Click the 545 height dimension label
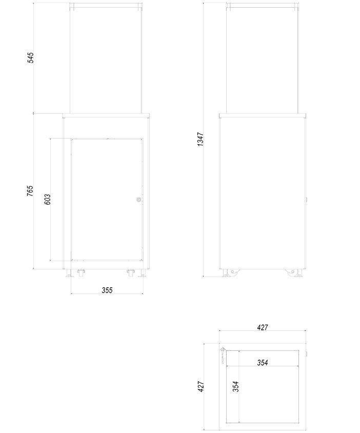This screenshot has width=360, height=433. pyautogui.click(x=31, y=57)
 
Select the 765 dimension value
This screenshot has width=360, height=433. pyautogui.click(x=31, y=191)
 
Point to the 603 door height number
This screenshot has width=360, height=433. pyautogui.click(x=48, y=199)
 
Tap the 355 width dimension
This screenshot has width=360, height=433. pyautogui.click(x=107, y=290)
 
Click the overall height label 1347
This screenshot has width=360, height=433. pyautogui.click(x=201, y=139)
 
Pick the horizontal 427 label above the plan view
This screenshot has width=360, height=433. pyautogui.click(x=262, y=327)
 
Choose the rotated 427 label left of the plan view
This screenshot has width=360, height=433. pyautogui.click(x=201, y=386)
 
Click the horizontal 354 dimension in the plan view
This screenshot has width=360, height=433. pyautogui.click(x=262, y=363)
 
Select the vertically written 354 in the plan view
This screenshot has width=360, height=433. pyautogui.click(x=236, y=386)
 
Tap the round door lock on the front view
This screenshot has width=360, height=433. pyautogui.click(x=138, y=200)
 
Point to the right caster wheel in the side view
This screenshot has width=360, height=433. pyautogui.click(x=293, y=272)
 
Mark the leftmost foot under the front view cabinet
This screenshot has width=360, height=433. pyautogui.click(x=69, y=273)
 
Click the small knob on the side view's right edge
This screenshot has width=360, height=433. pyautogui.click(x=307, y=199)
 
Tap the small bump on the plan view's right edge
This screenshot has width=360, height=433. pyautogui.click(x=307, y=353)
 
